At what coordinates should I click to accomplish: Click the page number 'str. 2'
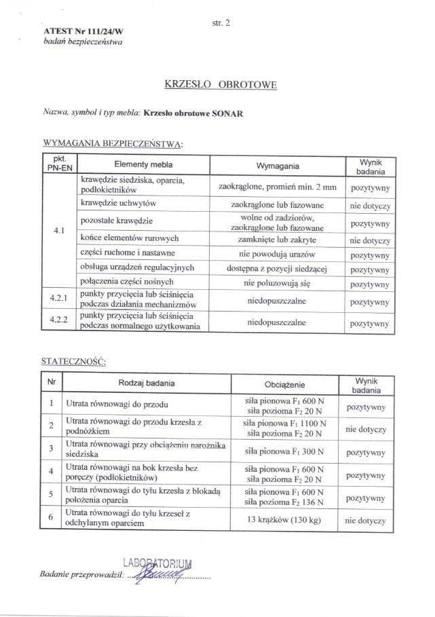click(x=221, y=22)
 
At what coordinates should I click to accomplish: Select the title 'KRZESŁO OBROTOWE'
click(x=221, y=85)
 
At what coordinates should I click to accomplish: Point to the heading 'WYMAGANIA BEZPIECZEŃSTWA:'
click(x=113, y=144)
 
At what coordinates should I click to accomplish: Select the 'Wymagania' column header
click(x=278, y=166)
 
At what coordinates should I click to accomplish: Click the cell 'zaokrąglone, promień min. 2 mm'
click(x=278, y=185)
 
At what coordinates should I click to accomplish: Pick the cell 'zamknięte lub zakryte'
click(x=278, y=239)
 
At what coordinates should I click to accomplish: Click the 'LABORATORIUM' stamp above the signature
click(x=158, y=563)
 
